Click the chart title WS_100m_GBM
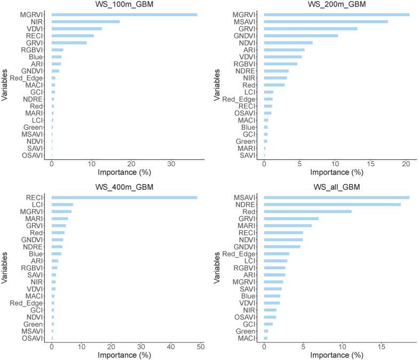tap(124, 5)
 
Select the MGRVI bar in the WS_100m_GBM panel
tap(124, 14)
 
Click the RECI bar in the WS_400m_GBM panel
tap(124, 198)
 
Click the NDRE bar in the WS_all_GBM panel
tap(333, 205)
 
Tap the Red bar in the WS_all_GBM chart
tap(308, 212)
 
